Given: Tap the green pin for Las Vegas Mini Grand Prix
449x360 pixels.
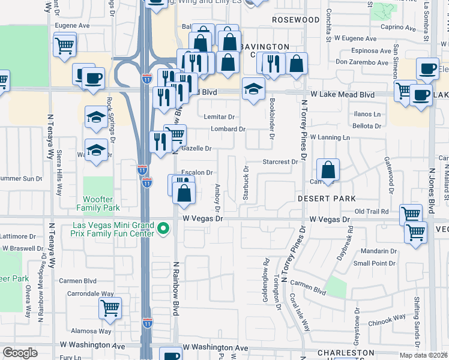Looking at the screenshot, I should click(x=162, y=229).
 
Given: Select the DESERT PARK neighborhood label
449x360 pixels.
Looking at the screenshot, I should click(x=327, y=199).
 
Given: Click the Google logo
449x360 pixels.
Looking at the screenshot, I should click(x=19, y=353).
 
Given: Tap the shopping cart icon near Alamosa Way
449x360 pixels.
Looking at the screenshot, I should click(x=110, y=308).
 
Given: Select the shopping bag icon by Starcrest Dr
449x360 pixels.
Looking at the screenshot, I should click(x=328, y=170).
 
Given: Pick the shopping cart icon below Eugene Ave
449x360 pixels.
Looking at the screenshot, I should click(x=64, y=45).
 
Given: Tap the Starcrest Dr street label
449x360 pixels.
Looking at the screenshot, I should click(x=280, y=162).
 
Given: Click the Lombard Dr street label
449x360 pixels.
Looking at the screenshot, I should click(x=228, y=129).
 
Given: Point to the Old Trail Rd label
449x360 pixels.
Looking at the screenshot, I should click(x=372, y=211).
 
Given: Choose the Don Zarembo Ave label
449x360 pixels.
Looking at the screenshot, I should click(x=362, y=62).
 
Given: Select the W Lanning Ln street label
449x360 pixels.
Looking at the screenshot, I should click(x=330, y=137).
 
